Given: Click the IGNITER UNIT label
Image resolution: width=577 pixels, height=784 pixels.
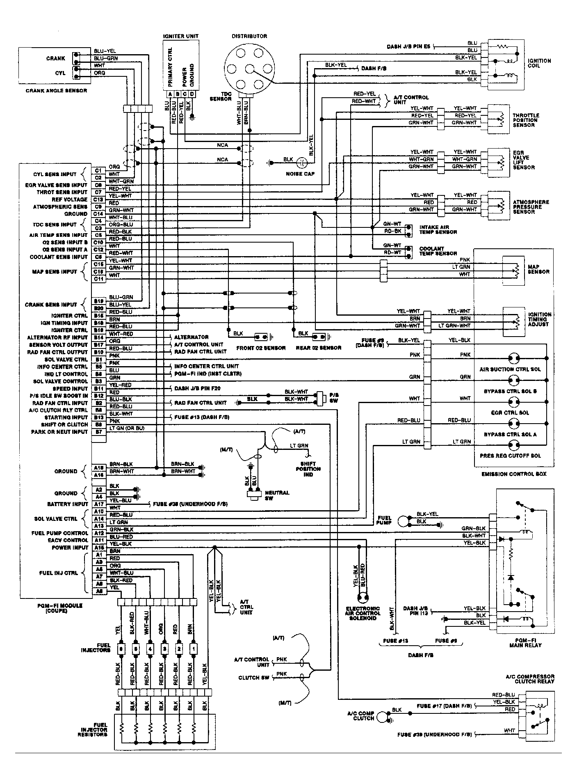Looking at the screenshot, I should pyautogui.click(x=180, y=36).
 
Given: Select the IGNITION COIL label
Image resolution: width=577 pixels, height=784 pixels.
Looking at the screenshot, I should pyautogui.click(x=540, y=63).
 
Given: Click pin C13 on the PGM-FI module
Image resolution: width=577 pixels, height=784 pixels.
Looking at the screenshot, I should pyautogui.click(x=98, y=199).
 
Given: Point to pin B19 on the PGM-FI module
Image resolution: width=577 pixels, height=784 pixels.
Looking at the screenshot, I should pyautogui.click(x=98, y=301).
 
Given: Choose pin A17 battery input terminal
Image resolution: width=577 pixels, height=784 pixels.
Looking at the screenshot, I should pyautogui.click(x=98, y=504).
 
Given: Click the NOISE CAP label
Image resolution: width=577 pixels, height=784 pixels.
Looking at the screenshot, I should pyautogui.click(x=301, y=174).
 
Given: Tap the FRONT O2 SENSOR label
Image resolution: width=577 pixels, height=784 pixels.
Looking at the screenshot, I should pyautogui.click(x=261, y=348).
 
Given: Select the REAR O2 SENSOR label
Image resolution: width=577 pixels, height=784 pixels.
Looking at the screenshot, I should pyautogui.click(x=319, y=348).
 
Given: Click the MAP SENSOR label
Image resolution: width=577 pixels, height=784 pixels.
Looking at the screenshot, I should pyautogui.click(x=538, y=269).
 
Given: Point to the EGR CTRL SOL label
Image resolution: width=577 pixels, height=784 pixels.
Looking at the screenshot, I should pyautogui.click(x=510, y=413).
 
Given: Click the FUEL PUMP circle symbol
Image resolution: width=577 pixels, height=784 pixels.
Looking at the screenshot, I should pyautogui.click(x=404, y=520).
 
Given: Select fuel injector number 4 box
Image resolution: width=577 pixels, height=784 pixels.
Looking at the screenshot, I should pyautogui.click(x=150, y=650).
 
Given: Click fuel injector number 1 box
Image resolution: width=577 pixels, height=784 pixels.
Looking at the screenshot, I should pyautogui.click(x=193, y=650).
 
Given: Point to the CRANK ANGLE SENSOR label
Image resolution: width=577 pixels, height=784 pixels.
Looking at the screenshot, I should pyautogui.click(x=56, y=91).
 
